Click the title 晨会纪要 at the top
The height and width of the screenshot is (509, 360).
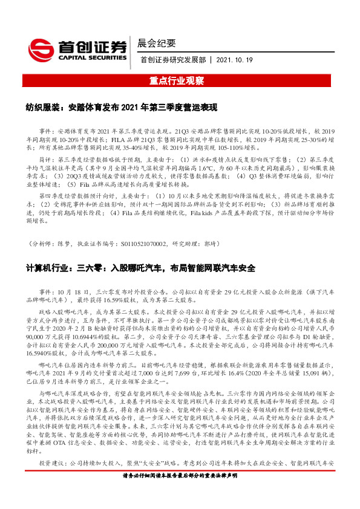157,43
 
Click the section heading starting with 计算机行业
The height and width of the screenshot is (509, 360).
139,267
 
